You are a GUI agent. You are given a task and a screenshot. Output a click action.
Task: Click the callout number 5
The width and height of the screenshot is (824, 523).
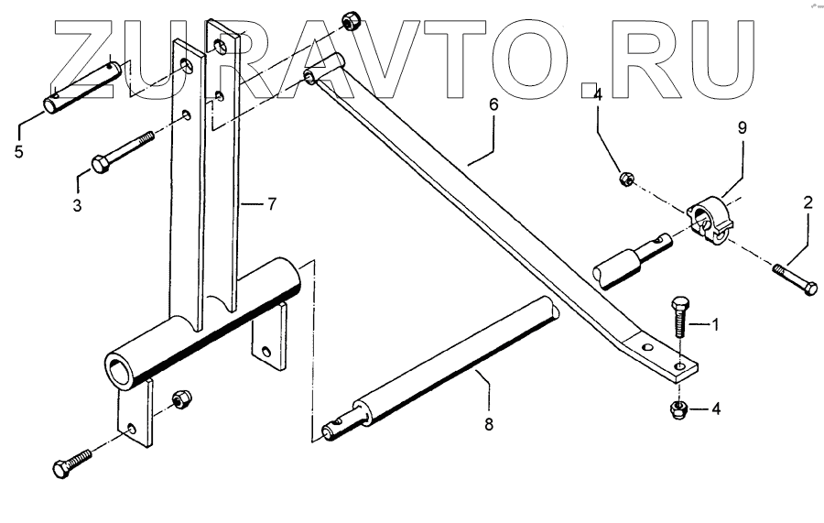(x=18, y=151)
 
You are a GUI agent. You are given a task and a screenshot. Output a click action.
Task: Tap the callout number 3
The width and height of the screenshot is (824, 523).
(x=77, y=206)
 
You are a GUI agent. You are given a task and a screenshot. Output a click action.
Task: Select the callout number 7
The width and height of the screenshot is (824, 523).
(x=270, y=203)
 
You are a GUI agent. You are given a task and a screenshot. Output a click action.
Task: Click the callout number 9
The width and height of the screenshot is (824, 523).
(x=742, y=128)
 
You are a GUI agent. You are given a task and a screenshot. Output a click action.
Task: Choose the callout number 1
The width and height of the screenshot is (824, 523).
(x=715, y=324)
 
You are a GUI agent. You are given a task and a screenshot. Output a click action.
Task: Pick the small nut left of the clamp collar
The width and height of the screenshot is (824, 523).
(x=625, y=176)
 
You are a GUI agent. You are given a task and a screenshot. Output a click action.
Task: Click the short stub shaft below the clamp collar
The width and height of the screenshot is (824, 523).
(x=633, y=259)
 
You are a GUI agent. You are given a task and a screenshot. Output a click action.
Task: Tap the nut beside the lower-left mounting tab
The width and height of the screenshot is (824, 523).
(x=180, y=400)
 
